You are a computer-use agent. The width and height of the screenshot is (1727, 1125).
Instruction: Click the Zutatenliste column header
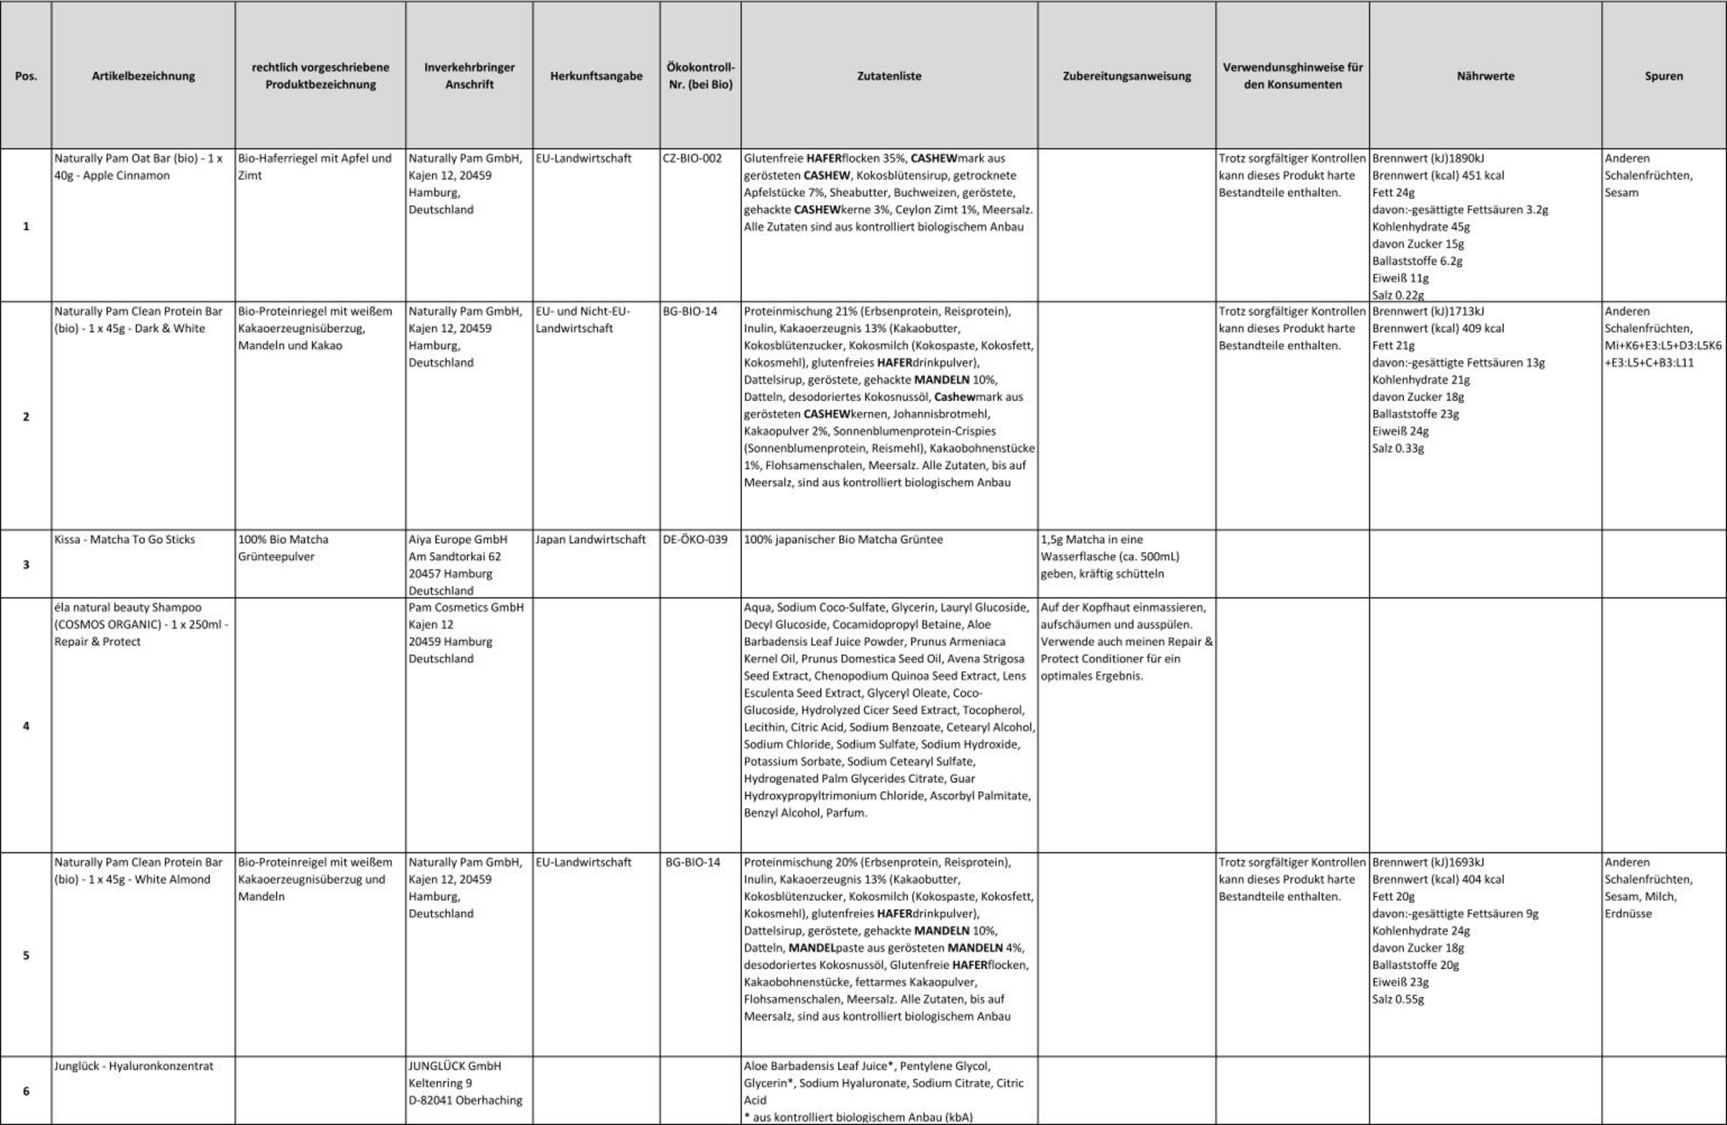tap(889, 76)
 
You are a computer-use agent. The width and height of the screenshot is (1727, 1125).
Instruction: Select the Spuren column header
tap(1663, 76)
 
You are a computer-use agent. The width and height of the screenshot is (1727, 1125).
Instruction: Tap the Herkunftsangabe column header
tap(596, 76)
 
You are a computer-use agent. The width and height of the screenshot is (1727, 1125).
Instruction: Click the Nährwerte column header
tap(1485, 76)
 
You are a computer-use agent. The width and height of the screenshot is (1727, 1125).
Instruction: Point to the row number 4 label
tap(26, 726)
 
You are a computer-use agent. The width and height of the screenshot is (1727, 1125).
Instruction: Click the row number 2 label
tap(26, 417)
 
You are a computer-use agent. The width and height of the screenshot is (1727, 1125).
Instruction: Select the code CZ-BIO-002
tap(692, 158)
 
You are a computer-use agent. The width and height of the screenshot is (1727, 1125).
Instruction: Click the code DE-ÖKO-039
tap(694, 539)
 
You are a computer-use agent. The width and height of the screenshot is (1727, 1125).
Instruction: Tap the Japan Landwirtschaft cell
tap(590, 539)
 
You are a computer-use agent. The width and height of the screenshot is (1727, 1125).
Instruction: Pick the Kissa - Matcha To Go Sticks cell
tap(124, 539)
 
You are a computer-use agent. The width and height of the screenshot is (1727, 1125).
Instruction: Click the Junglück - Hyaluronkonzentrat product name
tap(134, 1065)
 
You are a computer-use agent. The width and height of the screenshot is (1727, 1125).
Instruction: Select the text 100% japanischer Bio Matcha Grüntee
tap(843, 539)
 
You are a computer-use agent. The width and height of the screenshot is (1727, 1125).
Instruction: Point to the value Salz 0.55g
tap(1397, 999)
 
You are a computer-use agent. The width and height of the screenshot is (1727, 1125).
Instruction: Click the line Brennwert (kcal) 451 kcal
tap(1438, 176)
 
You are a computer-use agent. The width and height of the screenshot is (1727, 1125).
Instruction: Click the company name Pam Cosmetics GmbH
tap(466, 607)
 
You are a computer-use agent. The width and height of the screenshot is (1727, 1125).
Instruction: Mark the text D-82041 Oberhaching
tap(465, 1100)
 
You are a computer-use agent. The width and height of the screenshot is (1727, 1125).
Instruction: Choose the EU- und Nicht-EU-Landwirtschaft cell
tap(583, 320)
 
